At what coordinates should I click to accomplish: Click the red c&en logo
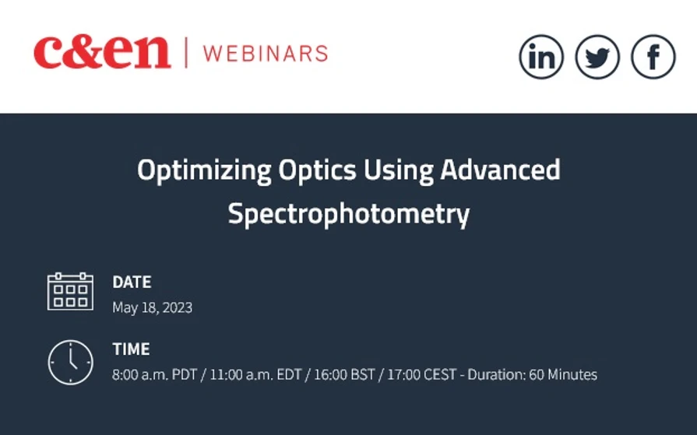point(101,52)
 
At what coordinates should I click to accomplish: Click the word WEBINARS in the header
point(265,53)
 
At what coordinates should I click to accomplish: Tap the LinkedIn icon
point(541,57)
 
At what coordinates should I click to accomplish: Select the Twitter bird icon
point(597,57)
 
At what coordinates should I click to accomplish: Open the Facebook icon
point(653,57)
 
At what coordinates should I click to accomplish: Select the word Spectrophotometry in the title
point(348,214)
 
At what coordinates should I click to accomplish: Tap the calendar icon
point(70,292)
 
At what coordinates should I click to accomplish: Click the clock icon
point(70,363)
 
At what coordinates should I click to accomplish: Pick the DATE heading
point(132,282)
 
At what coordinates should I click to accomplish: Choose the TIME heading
point(131,349)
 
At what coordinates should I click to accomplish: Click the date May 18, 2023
point(152,307)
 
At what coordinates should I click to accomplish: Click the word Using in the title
point(366,170)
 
